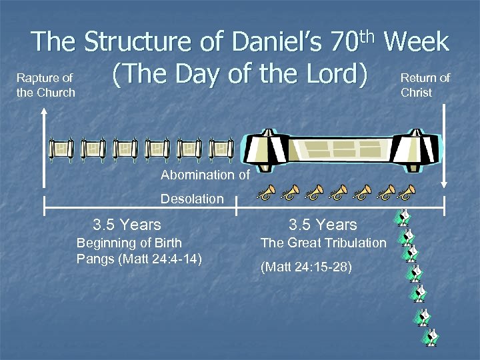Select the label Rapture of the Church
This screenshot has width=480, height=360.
pyautogui.click(x=45, y=85)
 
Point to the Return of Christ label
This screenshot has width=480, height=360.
pyautogui.click(x=425, y=85)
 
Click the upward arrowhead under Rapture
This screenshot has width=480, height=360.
pyautogui.click(x=43, y=113)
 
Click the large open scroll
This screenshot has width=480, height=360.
pyautogui.click(x=337, y=148)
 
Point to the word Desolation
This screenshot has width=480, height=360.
pyautogui.click(x=192, y=199)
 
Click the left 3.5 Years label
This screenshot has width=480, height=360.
pyautogui.click(x=127, y=225)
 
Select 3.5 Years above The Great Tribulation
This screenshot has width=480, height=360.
pyautogui.click(x=323, y=225)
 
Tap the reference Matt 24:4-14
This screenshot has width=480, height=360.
pyautogui.click(x=159, y=258)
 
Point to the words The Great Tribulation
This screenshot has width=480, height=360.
pyautogui.click(x=323, y=243)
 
